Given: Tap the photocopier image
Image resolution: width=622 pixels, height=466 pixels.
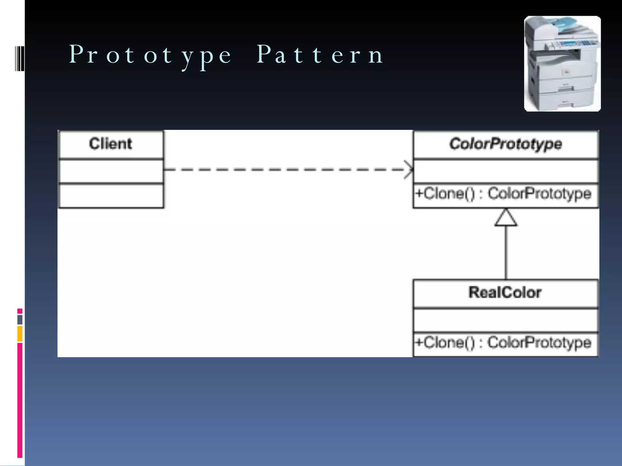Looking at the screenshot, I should point(562,64).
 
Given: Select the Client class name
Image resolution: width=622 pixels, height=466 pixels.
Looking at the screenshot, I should point(111,144).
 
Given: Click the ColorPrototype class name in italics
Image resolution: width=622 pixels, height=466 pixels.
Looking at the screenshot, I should point(506,144).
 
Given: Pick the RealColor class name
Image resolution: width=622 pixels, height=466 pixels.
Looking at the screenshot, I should point(505,292).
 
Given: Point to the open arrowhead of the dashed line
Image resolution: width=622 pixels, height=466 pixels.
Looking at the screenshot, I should point(409,170).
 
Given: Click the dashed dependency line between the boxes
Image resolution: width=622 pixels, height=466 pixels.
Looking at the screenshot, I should point(285,170).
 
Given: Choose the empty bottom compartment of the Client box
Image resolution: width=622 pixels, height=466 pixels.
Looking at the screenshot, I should point(111,196).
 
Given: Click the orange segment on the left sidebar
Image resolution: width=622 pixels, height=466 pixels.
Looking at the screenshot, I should point(20,334).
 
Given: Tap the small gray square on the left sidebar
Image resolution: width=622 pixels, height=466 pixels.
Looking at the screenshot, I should point(20,319).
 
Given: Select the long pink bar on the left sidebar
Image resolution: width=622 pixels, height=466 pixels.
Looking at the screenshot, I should point(20,400).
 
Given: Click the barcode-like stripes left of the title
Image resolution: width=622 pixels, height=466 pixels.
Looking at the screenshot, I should point(20,58).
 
